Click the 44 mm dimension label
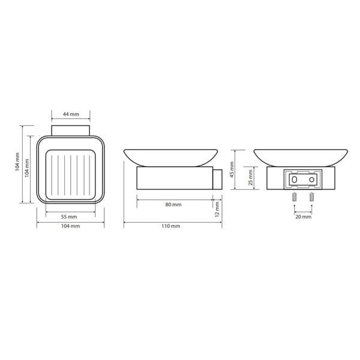point(71,114)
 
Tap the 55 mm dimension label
point(69,217)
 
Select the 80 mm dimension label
point(173,205)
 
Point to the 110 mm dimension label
point(170,226)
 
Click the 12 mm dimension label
point(217,209)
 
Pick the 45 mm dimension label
point(232,170)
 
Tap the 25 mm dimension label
point(250,177)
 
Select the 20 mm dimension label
point(303,217)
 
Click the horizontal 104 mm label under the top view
point(70,226)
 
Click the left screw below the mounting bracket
point(295,197)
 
